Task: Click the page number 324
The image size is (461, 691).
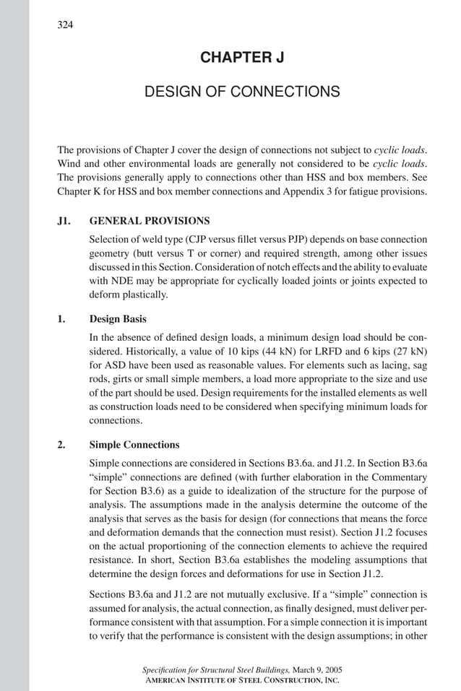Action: (65, 26)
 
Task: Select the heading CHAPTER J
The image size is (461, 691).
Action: (241, 58)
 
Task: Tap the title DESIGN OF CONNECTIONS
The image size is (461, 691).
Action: (241, 92)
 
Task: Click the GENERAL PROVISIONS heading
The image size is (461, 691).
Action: (150, 220)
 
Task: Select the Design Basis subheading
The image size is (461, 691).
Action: (118, 318)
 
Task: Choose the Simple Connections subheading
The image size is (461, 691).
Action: (134, 444)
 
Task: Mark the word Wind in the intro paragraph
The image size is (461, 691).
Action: (70, 164)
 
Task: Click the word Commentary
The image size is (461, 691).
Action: (399, 477)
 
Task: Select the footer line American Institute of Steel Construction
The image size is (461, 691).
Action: (242, 680)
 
